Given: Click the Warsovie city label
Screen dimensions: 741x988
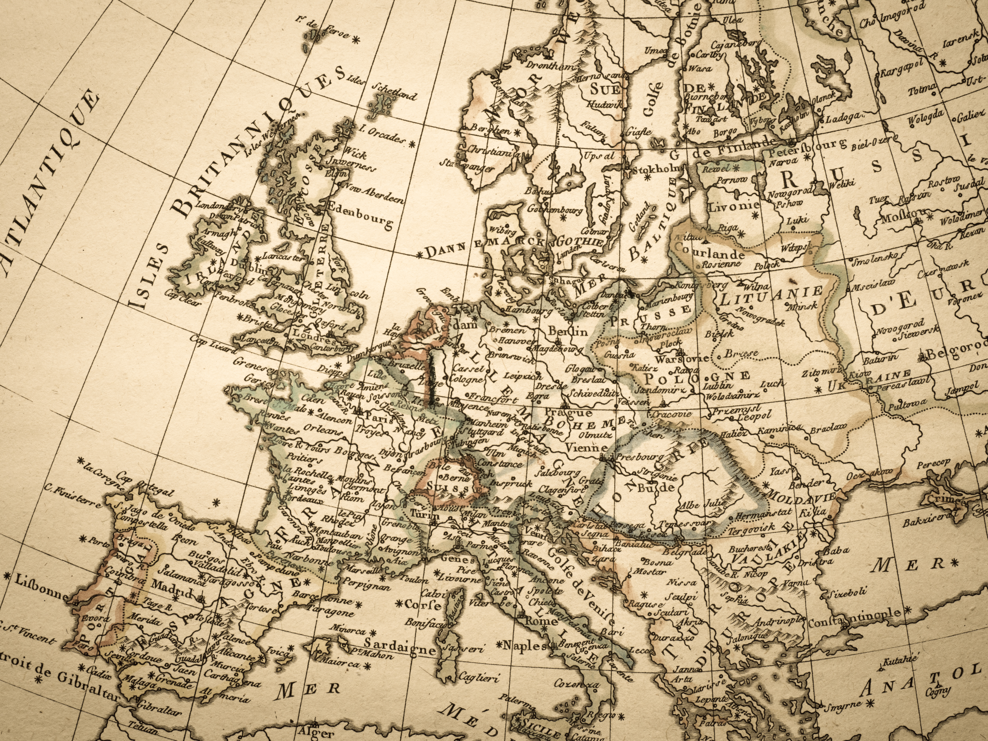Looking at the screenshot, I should point(682,358).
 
